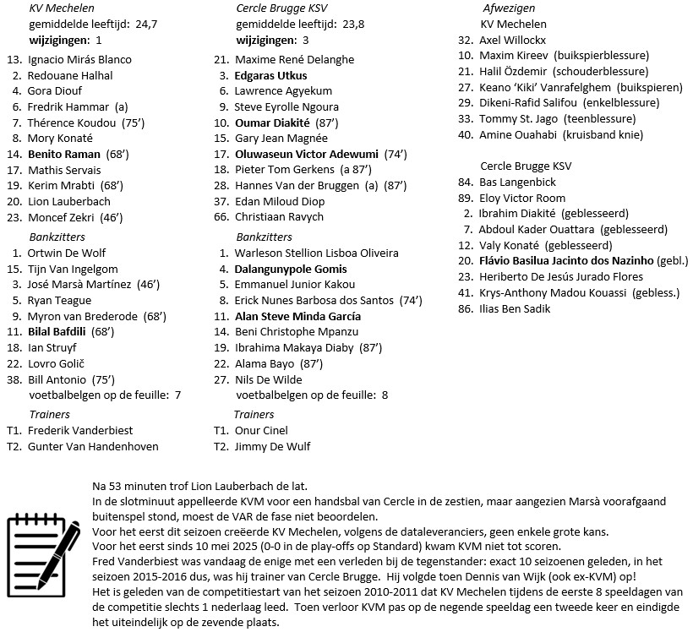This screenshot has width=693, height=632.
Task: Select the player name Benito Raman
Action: point(63,155)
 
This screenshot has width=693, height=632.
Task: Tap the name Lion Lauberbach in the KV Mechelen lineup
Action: point(69,202)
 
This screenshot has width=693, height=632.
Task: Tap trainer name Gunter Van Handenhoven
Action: point(93,446)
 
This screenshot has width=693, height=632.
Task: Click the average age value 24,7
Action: point(146,24)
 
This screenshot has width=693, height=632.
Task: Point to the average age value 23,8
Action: point(349,24)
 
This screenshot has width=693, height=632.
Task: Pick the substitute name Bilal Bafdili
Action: point(62,331)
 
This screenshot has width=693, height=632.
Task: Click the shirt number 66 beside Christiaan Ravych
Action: point(221,217)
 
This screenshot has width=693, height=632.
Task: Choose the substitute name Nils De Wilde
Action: point(269,379)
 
